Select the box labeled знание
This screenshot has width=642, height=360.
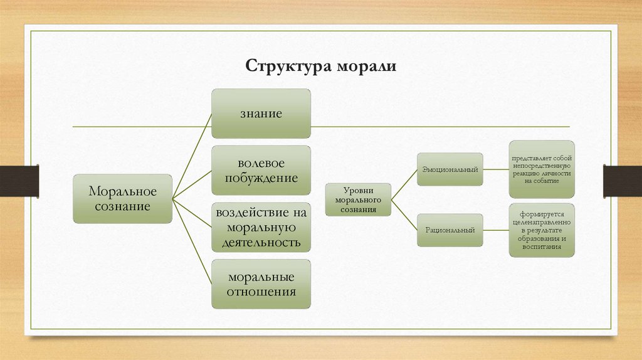[261, 114]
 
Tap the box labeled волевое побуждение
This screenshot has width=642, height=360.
[261, 171]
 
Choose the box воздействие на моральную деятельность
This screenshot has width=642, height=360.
[261, 226]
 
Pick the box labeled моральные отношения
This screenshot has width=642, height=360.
[261, 284]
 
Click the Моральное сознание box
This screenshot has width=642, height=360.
[122, 198]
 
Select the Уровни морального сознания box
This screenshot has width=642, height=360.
[358, 199]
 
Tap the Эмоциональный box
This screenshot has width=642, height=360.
[450, 169]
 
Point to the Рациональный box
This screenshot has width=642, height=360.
[450, 230]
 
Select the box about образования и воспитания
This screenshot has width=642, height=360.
[541, 230]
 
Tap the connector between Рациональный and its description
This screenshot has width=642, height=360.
[496, 230]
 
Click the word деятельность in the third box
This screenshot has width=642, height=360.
[261, 241]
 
